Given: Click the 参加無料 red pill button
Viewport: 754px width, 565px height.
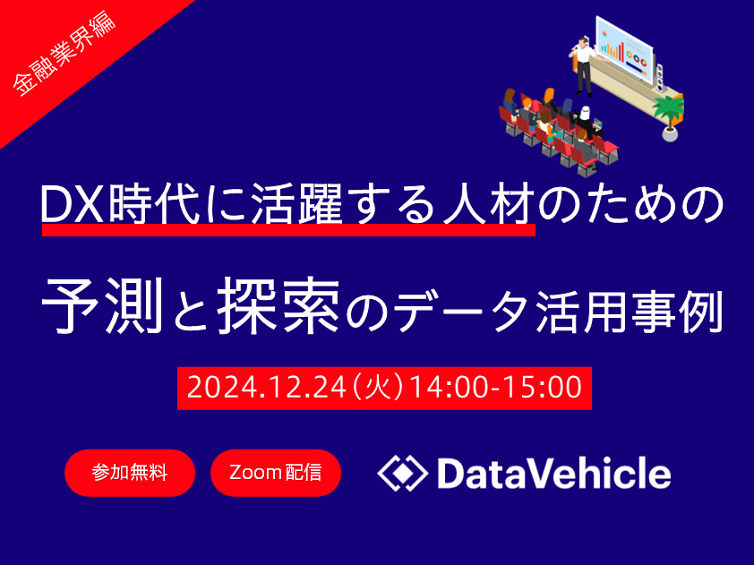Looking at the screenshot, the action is tap(130, 473).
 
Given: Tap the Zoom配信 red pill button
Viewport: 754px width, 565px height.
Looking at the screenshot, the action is tap(276, 473).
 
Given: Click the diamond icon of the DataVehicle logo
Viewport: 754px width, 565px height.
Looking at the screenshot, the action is tap(402, 473).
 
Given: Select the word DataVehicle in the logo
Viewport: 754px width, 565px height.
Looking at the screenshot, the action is tap(554, 473).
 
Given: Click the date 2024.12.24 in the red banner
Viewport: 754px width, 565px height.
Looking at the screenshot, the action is tap(266, 388).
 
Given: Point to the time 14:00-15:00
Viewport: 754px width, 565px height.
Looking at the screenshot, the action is tap(496, 388).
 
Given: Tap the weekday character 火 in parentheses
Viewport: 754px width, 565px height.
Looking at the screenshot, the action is tap(379, 388).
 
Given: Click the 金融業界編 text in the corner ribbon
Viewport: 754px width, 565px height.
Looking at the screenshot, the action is tap(64, 54).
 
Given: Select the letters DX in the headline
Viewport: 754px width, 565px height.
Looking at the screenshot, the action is tap(73, 205).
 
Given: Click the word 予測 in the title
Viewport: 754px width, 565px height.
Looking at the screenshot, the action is tap(102, 305).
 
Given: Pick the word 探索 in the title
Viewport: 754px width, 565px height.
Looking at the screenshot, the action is tap(278, 305).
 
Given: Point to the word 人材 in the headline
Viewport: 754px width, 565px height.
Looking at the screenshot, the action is tap(488, 205).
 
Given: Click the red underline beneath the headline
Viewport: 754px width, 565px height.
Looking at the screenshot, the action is tap(288, 230).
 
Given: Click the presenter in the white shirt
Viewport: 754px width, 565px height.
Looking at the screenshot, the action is tap(583, 66).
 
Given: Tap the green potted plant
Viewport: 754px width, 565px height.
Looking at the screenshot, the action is tap(669, 116).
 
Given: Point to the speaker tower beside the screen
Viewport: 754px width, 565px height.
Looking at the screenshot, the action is tap(660, 77).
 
